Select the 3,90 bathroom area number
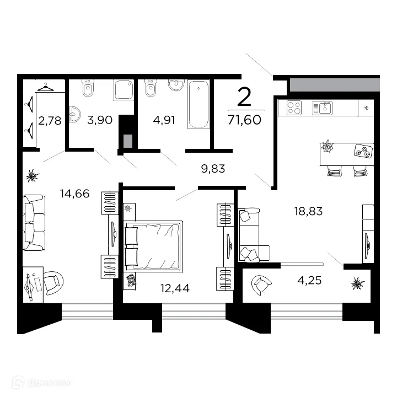coord(100,120)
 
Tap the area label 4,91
coord(163,120)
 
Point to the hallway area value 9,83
coord(213,169)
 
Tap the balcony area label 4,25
coord(309,280)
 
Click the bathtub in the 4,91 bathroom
coord(198,104)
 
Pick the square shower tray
coord(124,90)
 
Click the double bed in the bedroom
coord(153,246)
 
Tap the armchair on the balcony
coord(260,285)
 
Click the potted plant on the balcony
coord(358,283)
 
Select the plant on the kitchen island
coord(329,147)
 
